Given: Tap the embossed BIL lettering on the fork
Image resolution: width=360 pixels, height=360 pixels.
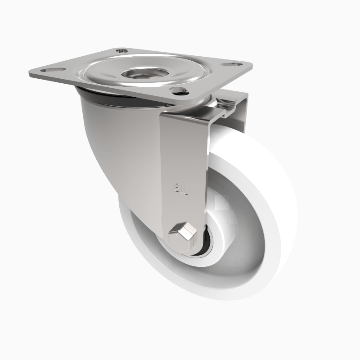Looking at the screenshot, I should point(180,187).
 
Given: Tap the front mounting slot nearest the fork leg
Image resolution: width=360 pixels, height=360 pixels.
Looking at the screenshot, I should point(179,93).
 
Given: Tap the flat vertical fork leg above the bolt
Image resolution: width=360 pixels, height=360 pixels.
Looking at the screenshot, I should point(182,153).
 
